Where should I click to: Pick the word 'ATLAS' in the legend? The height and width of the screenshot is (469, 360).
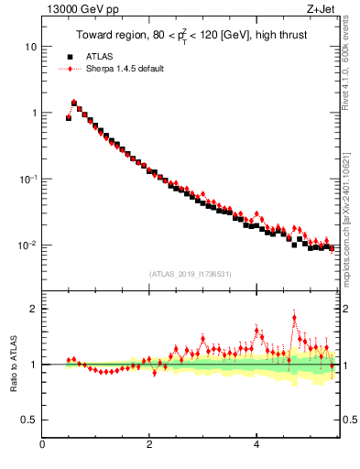click(99, 57)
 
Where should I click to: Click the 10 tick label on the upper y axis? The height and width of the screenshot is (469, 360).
click(31, 46)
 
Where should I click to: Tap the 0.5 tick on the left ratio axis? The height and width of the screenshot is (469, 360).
click(29, 420)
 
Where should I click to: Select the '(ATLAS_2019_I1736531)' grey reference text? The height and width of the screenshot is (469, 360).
click(189, 274)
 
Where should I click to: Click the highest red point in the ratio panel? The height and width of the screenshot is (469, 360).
click(294, 318)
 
